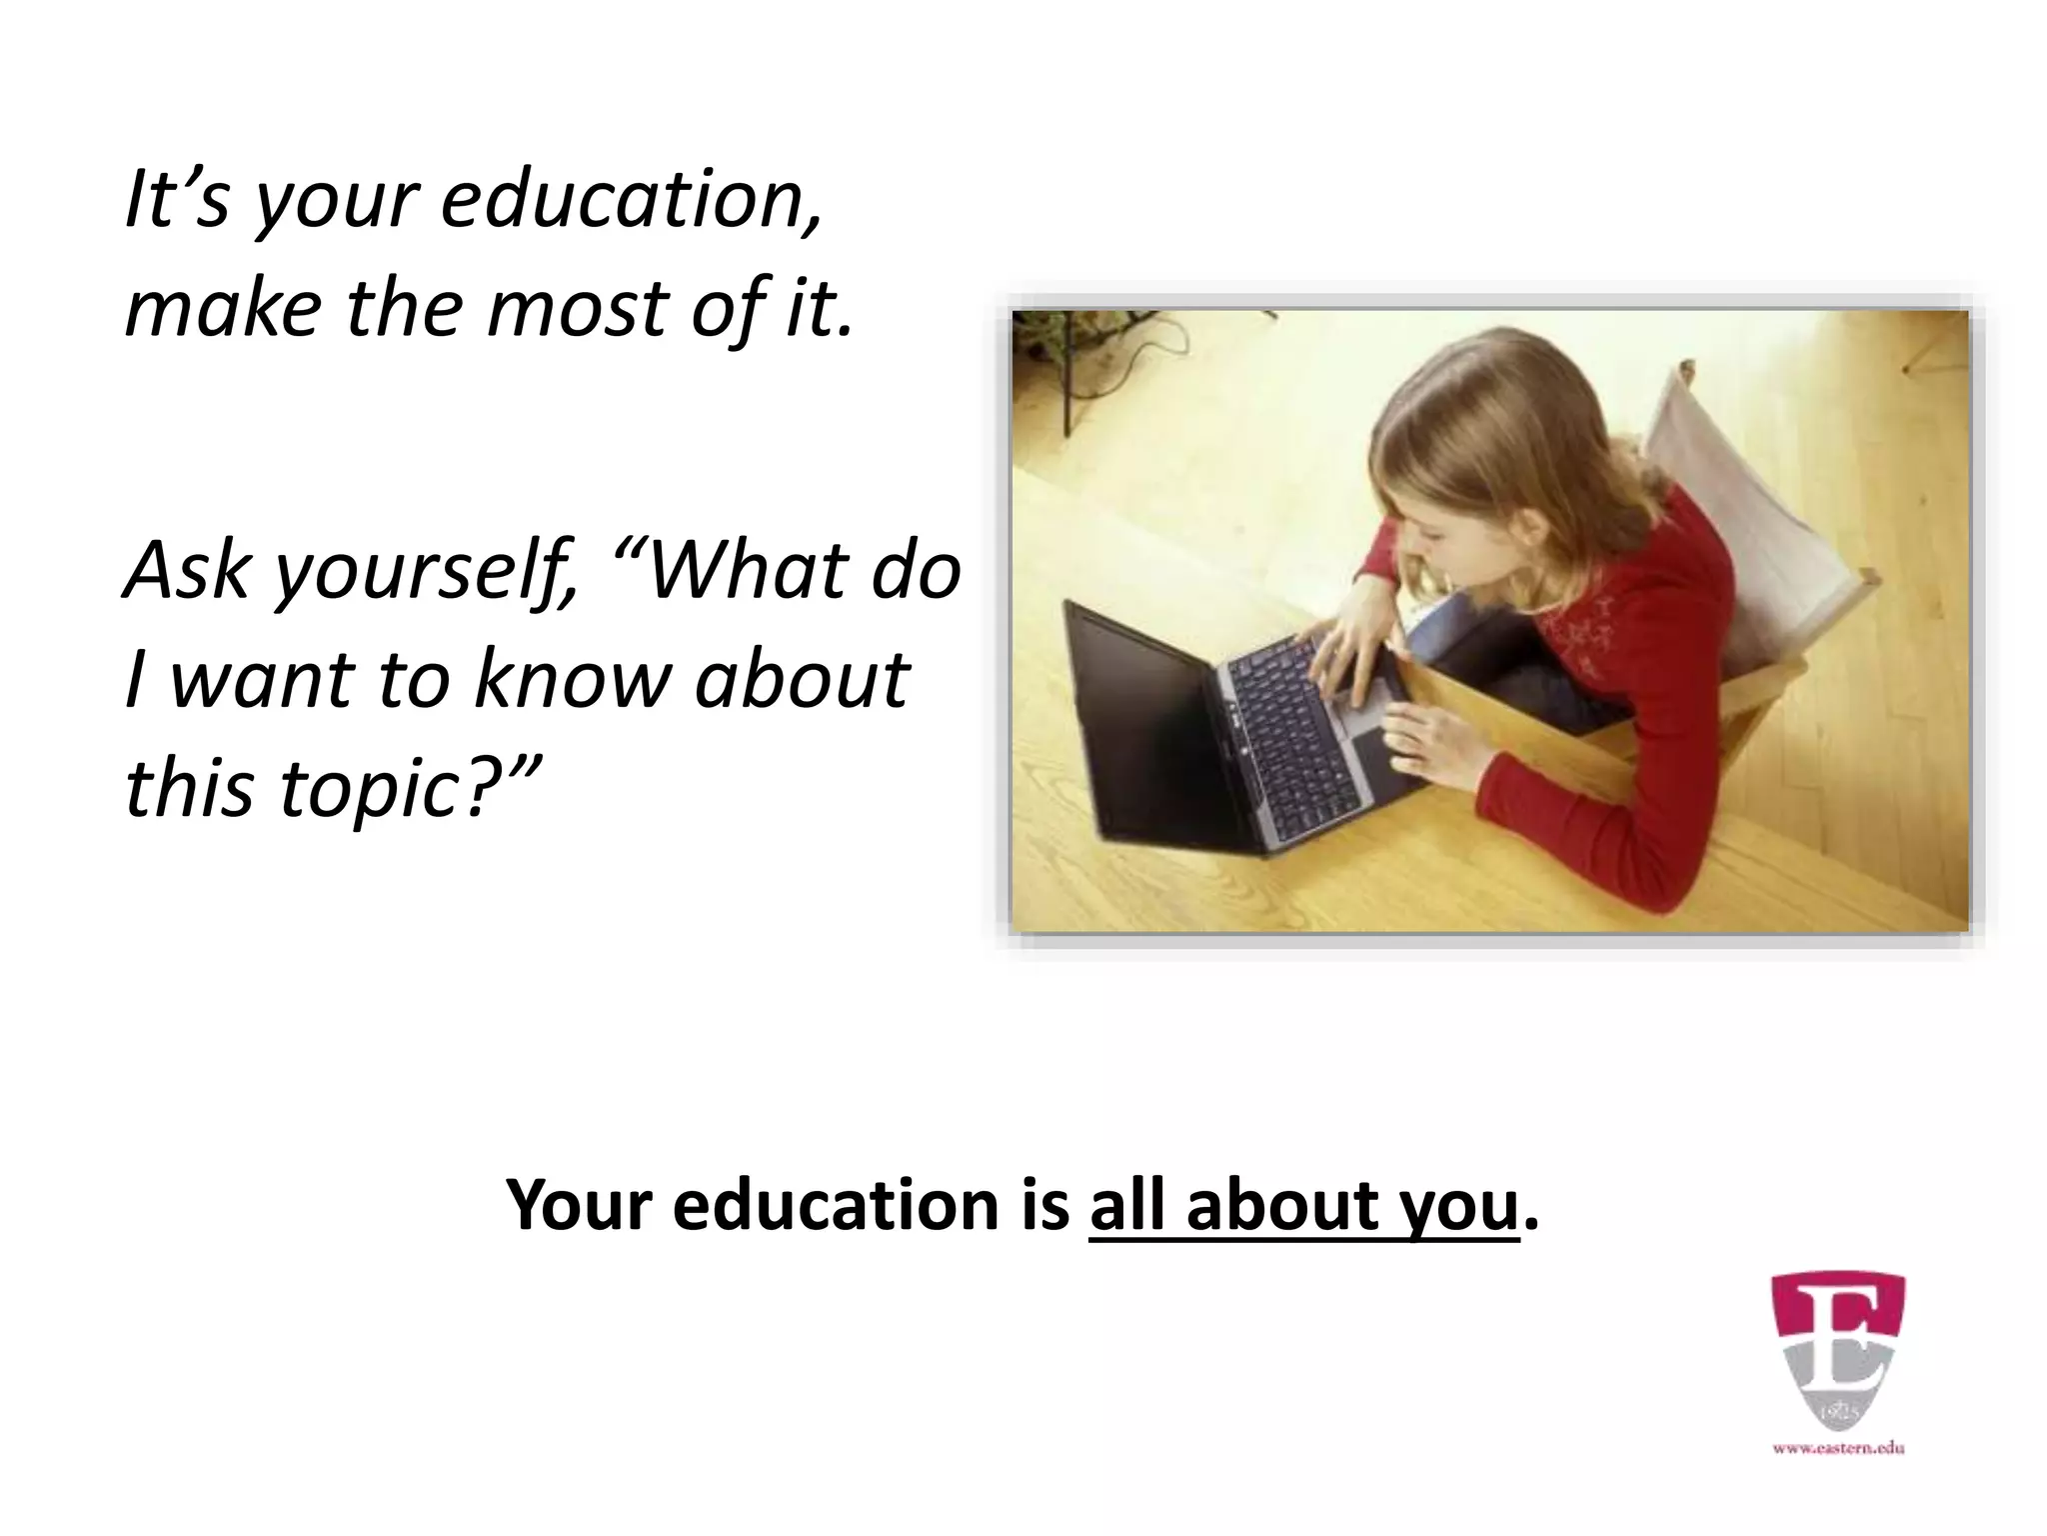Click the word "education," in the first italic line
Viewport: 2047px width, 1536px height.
pyautogui.click(x=632, y=200)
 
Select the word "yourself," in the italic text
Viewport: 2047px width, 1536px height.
pyautogui.click(x=425, y=572)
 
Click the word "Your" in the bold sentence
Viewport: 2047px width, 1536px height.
pyautogui.click(x=580, y=1206)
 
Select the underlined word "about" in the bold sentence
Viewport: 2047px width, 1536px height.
pyautogui.click(x=1284, y=1204)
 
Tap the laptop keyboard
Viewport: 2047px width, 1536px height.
pyautogui.click(x=1289, y=720)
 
